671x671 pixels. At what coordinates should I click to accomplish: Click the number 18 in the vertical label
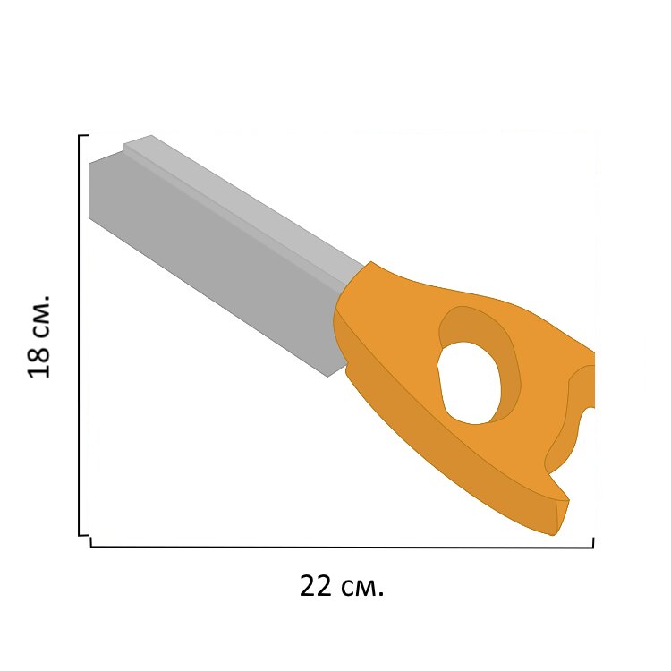(39, 360)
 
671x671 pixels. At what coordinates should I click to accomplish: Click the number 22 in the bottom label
(316, 586)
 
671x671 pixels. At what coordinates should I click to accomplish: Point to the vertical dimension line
(80, 335)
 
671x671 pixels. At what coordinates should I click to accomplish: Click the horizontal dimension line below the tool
(342, 547)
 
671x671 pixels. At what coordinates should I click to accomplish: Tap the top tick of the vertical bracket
(84, 135)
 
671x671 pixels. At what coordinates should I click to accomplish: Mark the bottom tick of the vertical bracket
(84, 534)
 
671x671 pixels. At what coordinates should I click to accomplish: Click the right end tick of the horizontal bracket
(592, 543)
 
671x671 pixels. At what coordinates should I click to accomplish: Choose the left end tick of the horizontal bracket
(91, 543)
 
